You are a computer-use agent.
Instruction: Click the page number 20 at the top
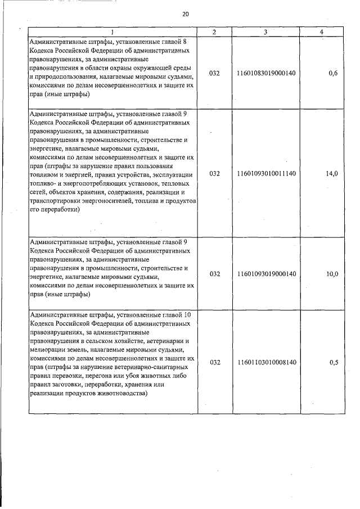tap(186, 14)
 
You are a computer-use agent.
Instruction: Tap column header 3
tap(265, 33)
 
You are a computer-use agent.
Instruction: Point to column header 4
tap(321, 33)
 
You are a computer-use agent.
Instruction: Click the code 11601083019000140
tap(267, 73)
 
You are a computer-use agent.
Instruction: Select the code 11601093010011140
tap(267, 174)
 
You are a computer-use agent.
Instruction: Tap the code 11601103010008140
tap(267, 363)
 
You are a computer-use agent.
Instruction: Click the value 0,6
tap(333, 73)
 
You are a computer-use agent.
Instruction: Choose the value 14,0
tap(332, 174)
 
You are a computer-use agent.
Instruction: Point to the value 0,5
tap(333, 363)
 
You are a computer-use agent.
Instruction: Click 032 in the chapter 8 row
tap(214, 73)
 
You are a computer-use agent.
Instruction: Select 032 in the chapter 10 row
tap(214, 363)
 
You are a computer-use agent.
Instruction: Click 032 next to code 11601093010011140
tap(214, 174)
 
